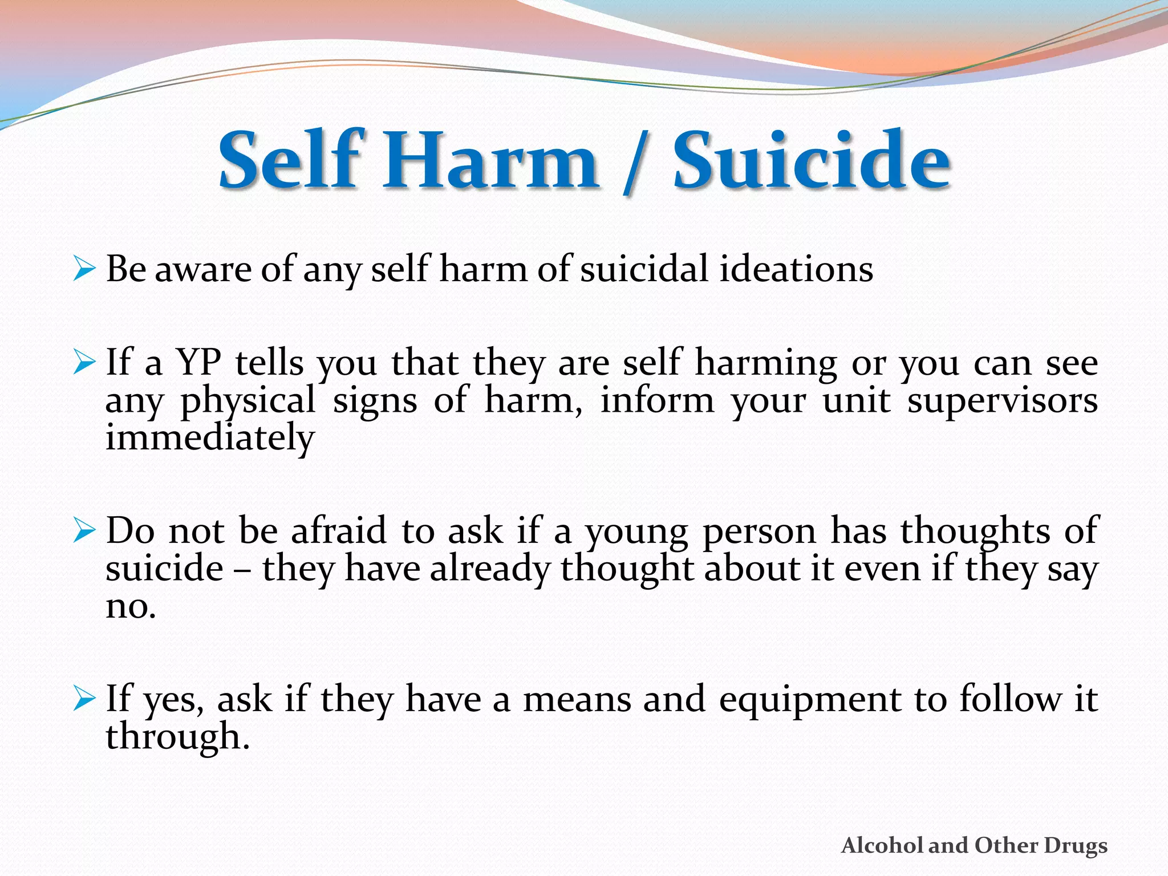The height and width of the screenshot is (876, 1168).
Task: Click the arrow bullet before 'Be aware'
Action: click(x=84, y=269)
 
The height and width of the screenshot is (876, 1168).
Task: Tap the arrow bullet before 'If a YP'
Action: click(x=84, y=363)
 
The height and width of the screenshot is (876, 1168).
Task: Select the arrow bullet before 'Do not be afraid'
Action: click(x=84, y=531)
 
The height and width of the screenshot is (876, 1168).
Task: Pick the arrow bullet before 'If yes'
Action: click(x=84, y=699)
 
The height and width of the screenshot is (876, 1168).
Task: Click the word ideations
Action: click(x=796, y=269)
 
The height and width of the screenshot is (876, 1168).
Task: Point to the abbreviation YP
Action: click(x=198, y=363)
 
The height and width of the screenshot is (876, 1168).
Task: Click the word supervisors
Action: click(x=1003, y=401)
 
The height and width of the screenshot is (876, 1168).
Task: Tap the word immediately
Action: click(x=210, y=438)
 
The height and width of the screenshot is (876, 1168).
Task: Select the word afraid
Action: click(x=339, y=531)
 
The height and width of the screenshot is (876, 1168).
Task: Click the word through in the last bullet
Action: click(x=177, y=737)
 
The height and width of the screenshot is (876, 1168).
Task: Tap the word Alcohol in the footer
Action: click(x=883, y=846)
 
